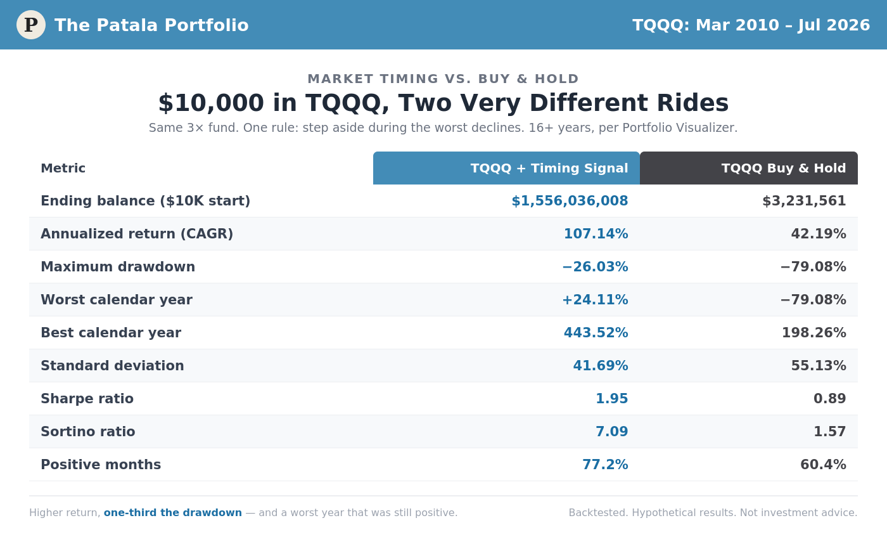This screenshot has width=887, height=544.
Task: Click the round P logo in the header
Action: [x=31, y=25]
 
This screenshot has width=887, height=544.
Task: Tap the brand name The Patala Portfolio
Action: [x=151, y=25]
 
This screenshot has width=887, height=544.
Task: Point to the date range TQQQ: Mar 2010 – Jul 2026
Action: [x=751, y=25]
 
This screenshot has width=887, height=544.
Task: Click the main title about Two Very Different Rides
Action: [x=443, y=103]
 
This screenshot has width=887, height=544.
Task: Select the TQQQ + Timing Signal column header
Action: [x=506, y=168]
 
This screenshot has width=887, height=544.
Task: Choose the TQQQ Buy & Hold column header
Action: [x=749, y=168]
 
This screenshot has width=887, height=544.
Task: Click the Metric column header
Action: [x=63, y=168]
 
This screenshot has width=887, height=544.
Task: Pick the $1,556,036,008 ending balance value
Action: [x=570, y=201]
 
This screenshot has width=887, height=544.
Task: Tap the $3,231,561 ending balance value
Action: [x=804, y=201]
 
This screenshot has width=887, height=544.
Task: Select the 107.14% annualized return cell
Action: [x=596, y=234]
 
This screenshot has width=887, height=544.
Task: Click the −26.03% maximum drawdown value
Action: [x=595, y=267]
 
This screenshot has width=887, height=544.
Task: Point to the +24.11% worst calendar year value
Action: [x=595, y=299]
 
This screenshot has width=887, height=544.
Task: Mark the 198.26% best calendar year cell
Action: [x=814, y=332]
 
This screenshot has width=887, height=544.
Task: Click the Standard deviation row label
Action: [x=112, y=365]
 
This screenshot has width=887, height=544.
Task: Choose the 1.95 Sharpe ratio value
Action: [x=612, y=398]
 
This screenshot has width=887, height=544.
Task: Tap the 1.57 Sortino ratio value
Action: [x=829, y=431]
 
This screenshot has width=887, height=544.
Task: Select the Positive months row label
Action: [x=101, y=464]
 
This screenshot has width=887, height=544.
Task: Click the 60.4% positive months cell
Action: [x=823, y=464]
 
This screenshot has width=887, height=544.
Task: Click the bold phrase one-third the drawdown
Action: [x=172, y=513]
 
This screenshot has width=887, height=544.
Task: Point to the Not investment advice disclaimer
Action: [x=798, y=513]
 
